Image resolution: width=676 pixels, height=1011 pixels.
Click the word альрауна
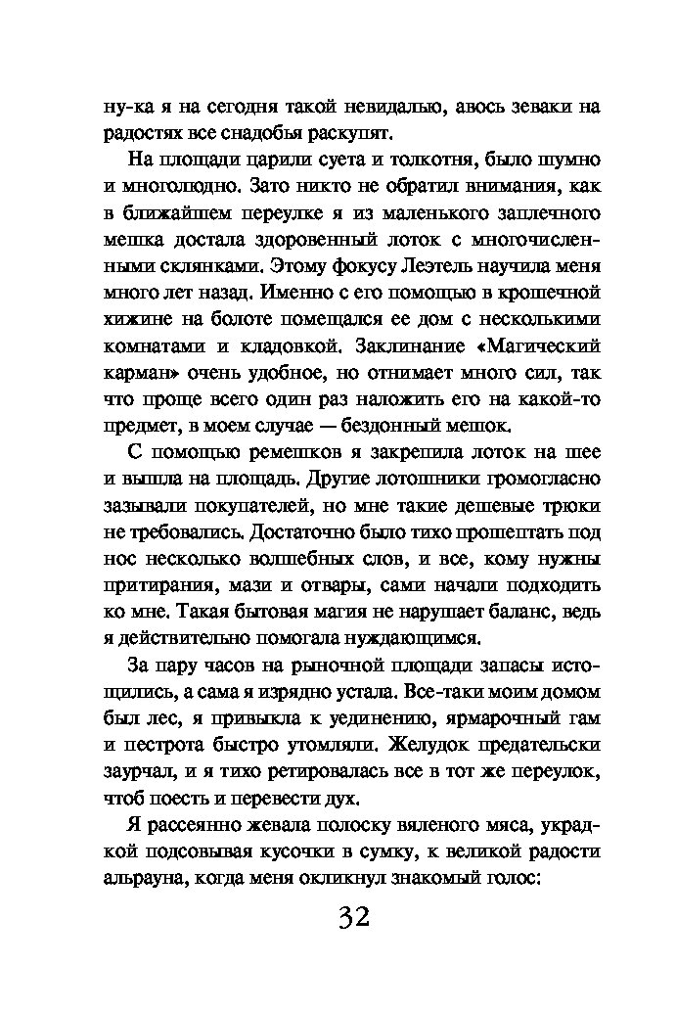click(x=145, y=879)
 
